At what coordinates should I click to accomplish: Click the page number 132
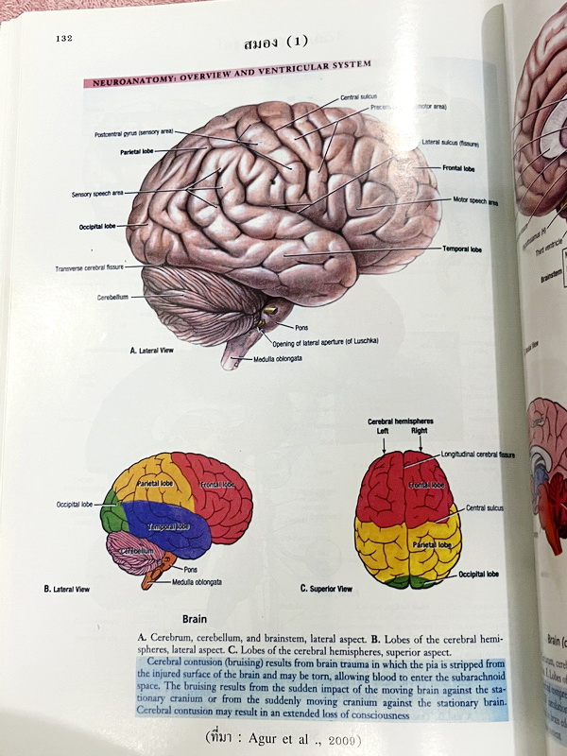(65, 39)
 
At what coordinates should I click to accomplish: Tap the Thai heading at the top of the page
(276, 43)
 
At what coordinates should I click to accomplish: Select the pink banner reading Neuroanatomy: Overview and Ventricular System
(228, 75)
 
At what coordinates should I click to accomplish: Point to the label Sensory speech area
(97, 195)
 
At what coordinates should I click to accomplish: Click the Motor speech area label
(475, 201)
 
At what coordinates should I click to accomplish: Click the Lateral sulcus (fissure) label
(451, 144)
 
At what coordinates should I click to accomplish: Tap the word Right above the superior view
(419, 431)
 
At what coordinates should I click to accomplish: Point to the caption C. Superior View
(326, 588)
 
